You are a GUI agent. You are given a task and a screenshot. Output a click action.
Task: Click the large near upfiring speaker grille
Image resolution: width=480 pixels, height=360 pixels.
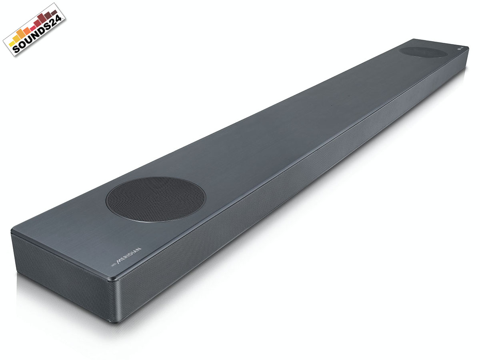point(156,199)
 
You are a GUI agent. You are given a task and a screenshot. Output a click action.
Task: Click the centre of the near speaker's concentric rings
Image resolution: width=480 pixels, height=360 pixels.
point(156,199)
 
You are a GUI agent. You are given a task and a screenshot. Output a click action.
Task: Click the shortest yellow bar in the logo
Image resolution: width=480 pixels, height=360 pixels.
point(11,44)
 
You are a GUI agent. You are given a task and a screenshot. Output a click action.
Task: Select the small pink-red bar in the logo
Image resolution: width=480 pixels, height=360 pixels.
point(33,28)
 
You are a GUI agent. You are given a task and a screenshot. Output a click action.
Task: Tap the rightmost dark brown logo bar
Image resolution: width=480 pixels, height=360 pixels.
point(54,13)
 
